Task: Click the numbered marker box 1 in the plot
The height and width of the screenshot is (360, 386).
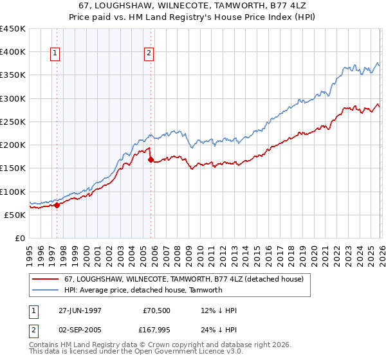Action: coord(55,54)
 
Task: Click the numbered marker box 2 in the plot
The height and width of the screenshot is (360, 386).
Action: coord(149,54)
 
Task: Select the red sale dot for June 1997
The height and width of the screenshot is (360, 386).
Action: coord(57,206)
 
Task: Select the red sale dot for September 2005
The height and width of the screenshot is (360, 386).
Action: coord(151,161)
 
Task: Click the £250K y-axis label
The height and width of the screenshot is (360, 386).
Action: coord(13,122)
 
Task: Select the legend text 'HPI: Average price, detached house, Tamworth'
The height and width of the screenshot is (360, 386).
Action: coord(143,290)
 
